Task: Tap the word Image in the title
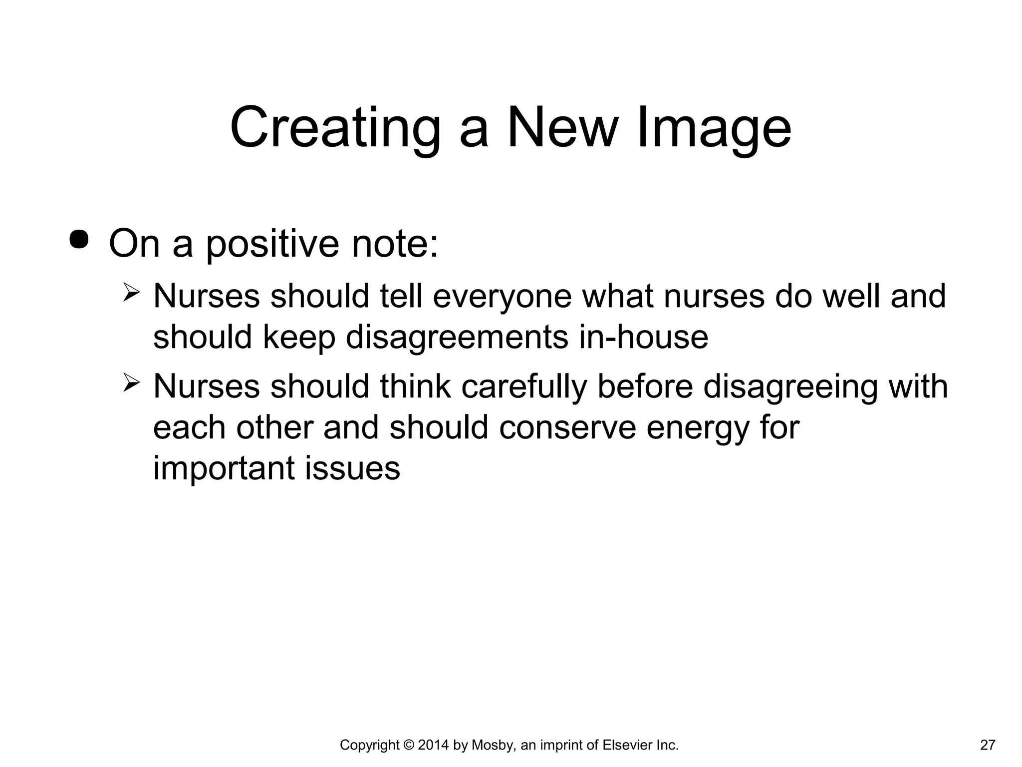pyautogui.click(x=714, y=128)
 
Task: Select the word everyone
pyautogui.click(x=502, y=297)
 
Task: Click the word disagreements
pyautogui.click(x=457, y=337)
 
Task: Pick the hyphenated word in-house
pyautogui.click(x=643, y=337)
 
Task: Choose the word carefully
pyautogui.click(x=523, y=387)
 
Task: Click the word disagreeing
pyautogui.click(x=790, y=387)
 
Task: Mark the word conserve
pyautogui.click(x=567, y=428)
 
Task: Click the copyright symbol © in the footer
pyautogui.click(x=408, y=746)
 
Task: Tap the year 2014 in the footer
pyautogui.click(x=434, y=746)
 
